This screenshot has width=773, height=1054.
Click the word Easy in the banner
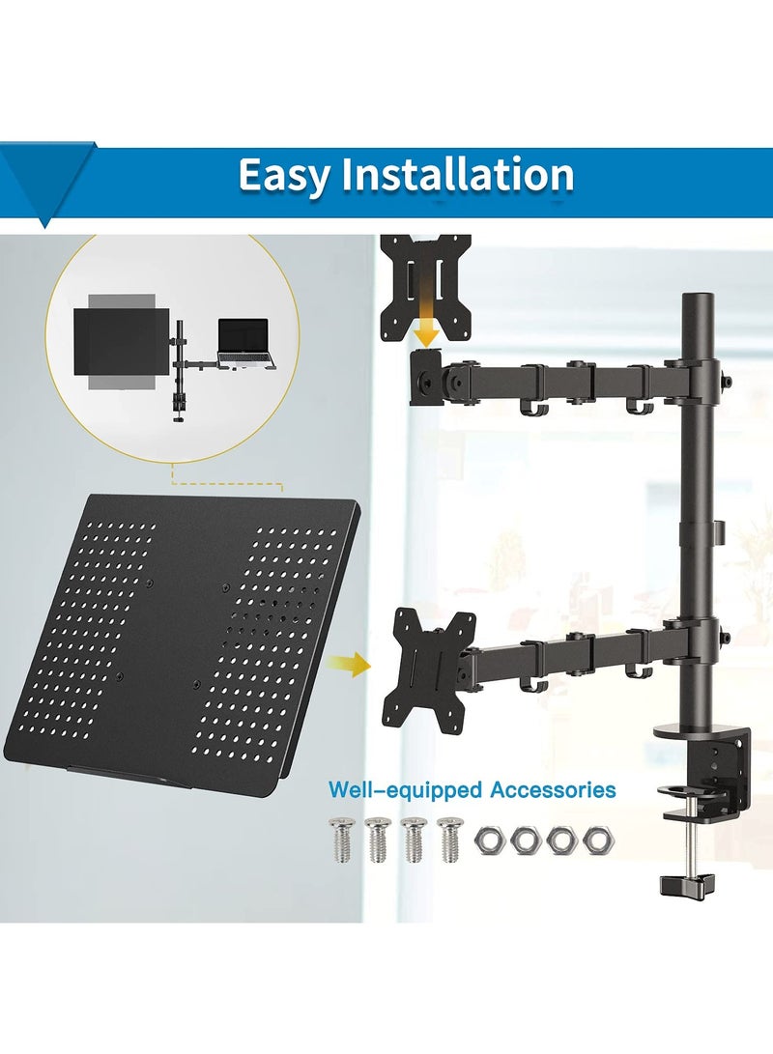point(281,177)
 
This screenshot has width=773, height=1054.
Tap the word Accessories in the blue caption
point(553,790)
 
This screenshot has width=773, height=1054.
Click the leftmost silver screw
point(341,839)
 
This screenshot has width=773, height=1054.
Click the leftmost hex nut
point(490,840)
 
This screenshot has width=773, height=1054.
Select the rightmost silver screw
point(448,839)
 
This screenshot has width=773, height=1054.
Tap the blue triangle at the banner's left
point(43,184)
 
